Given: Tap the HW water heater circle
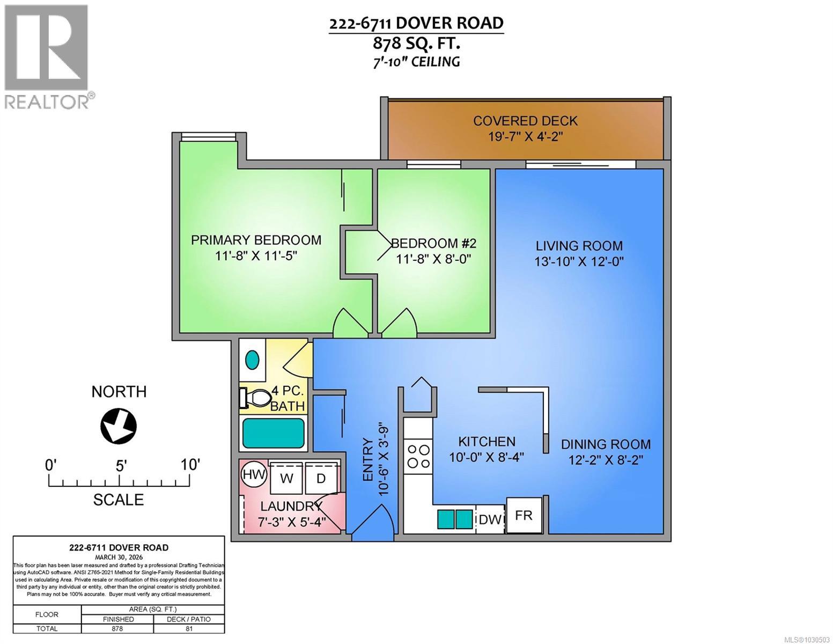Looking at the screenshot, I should pos(254,474).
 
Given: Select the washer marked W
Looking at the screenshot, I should pos(287,477).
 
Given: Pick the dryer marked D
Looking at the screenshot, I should pos(321,477).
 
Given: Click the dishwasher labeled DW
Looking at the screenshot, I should pos(489,519).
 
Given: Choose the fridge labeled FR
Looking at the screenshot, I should pos(524,515).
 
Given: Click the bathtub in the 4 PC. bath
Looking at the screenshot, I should pos(273,433).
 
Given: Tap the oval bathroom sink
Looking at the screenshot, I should pos(252,359).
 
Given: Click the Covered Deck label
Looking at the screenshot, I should pos(525,121).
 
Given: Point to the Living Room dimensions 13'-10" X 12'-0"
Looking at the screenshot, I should pos(579,262).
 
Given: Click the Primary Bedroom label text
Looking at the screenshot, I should pos(256,240).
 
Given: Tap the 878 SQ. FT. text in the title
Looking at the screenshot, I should pos(416,42).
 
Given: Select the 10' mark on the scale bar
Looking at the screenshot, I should pos(190,465).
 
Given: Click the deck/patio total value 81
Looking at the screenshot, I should pos(189,628).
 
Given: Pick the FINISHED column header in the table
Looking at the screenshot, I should pos(117,619).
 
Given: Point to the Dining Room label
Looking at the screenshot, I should pos(606,444).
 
